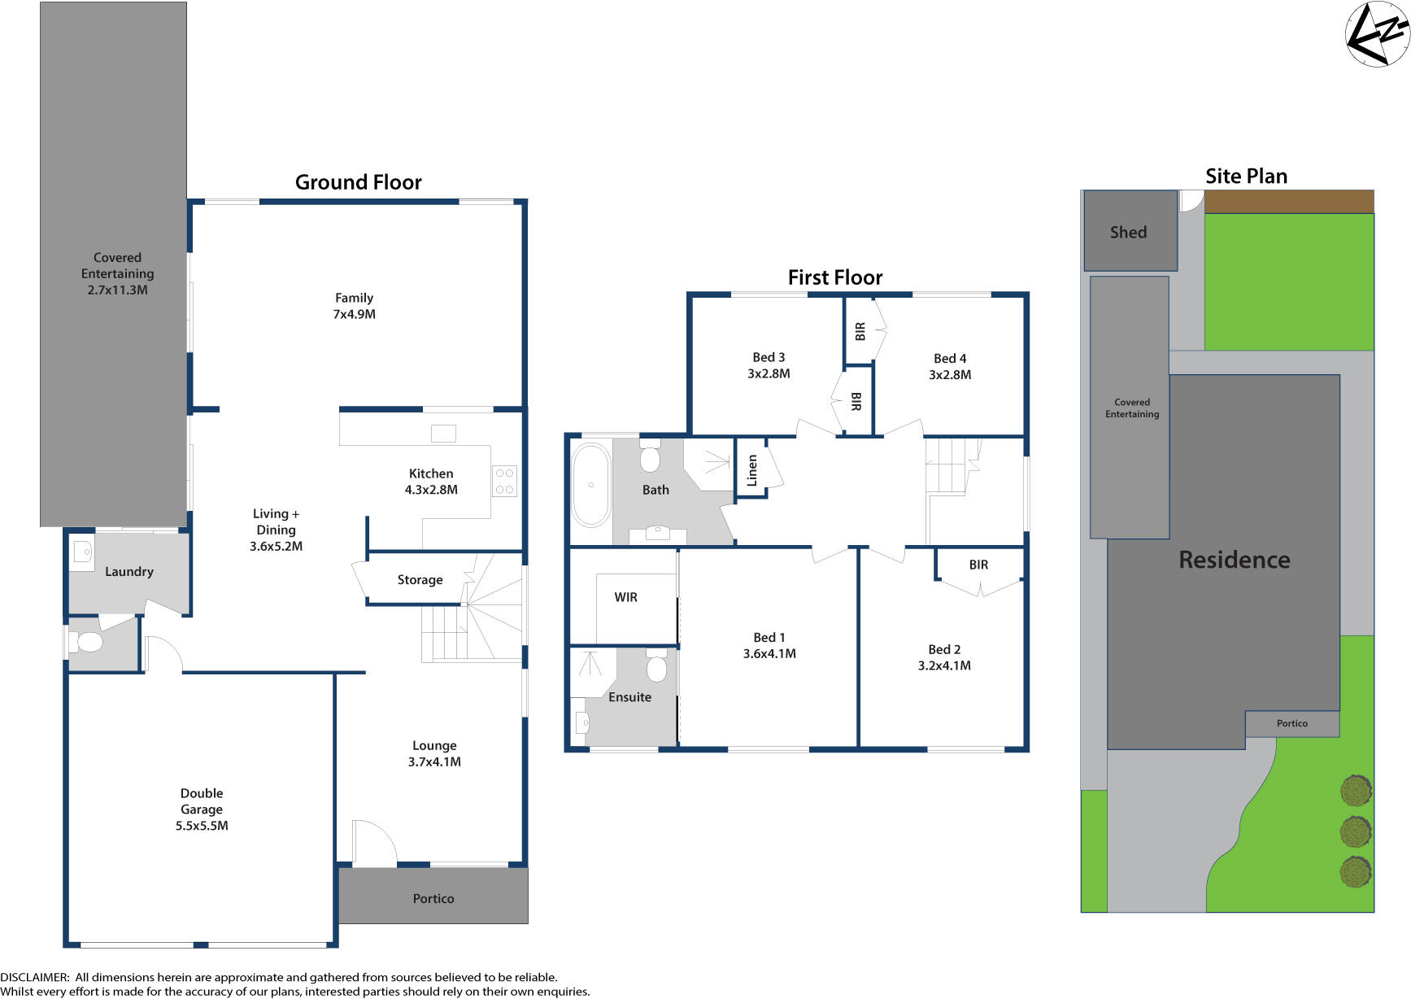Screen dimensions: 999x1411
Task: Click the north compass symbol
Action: click(1378, 34)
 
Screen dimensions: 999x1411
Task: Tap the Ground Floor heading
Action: click(358, 182)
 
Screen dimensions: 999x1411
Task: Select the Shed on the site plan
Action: click(1130, 232)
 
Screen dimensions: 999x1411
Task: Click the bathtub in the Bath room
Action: click(591, 485)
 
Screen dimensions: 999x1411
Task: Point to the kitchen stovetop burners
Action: click(504, 481)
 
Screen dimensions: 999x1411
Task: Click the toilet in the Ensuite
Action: click(656, 669)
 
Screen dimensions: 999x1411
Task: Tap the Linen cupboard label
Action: click(751, 470)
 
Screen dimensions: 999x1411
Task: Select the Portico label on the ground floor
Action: click(433, 898)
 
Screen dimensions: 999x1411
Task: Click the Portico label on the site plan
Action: click(1291, 723)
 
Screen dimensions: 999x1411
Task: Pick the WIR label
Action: click(625, 597)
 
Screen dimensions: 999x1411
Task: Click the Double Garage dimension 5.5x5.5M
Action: click(202, 825)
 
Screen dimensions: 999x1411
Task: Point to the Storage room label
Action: click(420, 579)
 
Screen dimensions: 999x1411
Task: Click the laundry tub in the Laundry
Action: click(83, 552)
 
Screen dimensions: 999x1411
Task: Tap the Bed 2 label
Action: click(944, 649)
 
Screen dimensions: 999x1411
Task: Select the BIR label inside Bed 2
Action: click(978, 565)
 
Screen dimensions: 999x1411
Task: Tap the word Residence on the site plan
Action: click(1234, 560)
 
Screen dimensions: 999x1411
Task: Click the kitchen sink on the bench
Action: click(443, 433)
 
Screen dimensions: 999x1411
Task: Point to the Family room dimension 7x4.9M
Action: click(354, 314)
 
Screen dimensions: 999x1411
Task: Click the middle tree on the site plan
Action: click(1355, 831)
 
